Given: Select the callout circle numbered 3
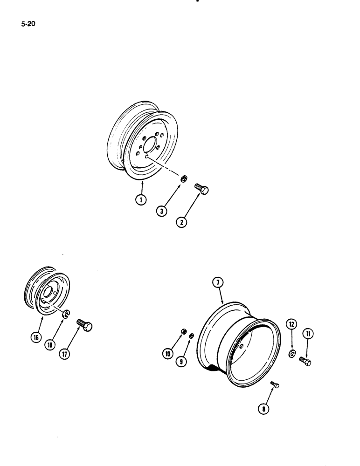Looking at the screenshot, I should click(x=162, y=210).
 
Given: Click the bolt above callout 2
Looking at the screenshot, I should click(x=201, y=189).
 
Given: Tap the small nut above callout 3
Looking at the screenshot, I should click(x=184, y=178).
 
